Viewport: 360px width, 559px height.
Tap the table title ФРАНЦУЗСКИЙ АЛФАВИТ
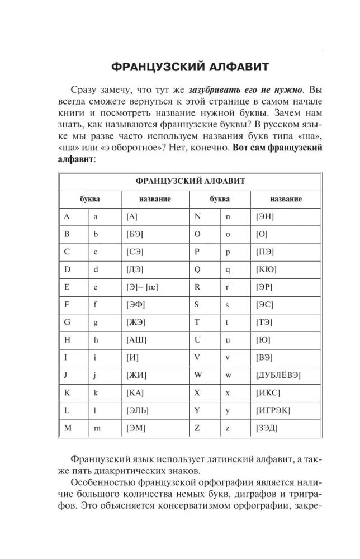[190, 181]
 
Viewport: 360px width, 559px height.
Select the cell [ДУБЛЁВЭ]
[280, 375]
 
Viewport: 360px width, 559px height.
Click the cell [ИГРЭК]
[273, 410]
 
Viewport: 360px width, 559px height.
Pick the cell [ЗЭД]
[267, 428]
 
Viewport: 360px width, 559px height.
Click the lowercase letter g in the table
[96, 323]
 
